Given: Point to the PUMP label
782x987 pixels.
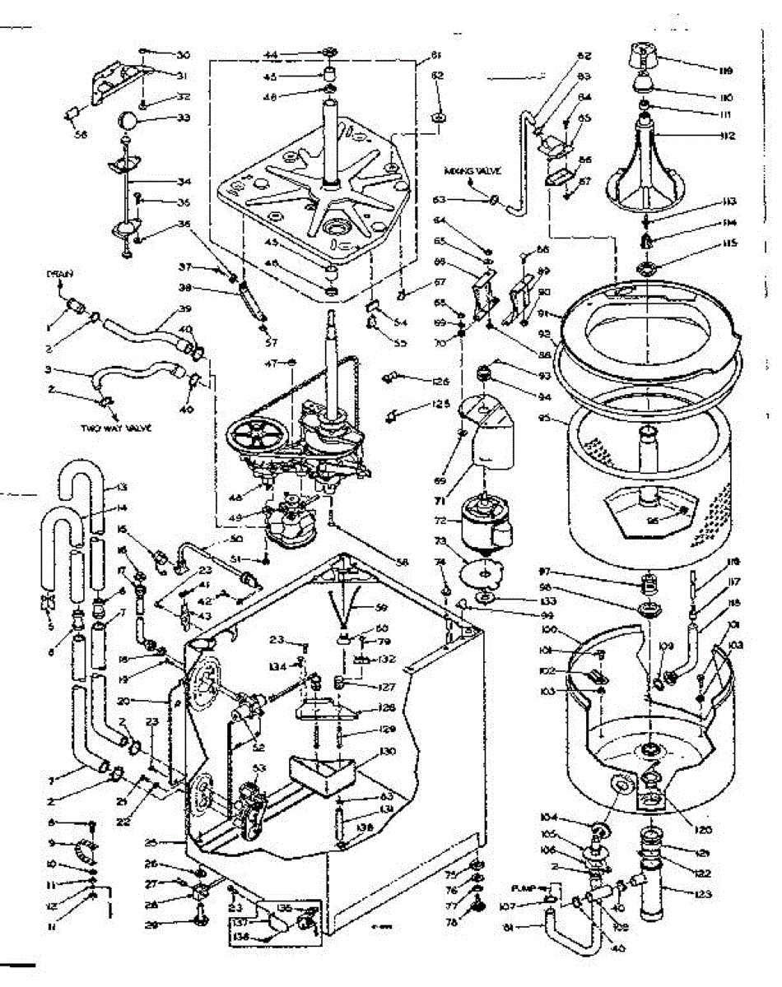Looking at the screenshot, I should [524, 888].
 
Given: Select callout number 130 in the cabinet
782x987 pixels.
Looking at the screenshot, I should [387, 751].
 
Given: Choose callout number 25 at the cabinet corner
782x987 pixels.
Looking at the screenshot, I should [171, 843].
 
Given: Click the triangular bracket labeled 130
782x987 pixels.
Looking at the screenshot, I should [321, 770].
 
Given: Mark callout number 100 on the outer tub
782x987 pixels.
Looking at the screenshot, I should [547, 631].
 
